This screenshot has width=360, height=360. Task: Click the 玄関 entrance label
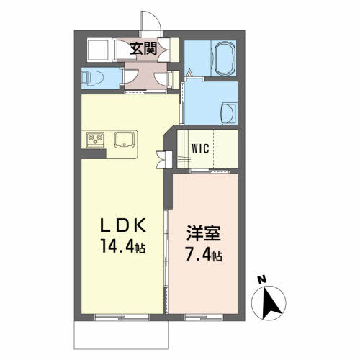[143, 49]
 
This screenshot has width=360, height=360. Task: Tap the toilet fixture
[92, 78]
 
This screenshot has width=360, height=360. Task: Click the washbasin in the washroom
[229, 113]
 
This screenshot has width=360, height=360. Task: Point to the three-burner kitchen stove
[96, 140]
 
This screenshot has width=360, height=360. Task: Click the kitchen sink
[124, 140]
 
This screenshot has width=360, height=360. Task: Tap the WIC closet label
[200, 149]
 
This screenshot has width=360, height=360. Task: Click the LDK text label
[123, 225]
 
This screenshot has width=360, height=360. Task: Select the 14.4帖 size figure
[123, 246]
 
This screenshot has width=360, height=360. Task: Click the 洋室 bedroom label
[204, 233]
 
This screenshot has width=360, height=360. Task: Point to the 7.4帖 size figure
[204, 254]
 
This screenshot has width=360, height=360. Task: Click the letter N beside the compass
[262, 280]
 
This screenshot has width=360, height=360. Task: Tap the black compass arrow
[271, 303]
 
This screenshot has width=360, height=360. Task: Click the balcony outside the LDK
[122, 335]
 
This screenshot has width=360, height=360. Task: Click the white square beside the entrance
[98, 50]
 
